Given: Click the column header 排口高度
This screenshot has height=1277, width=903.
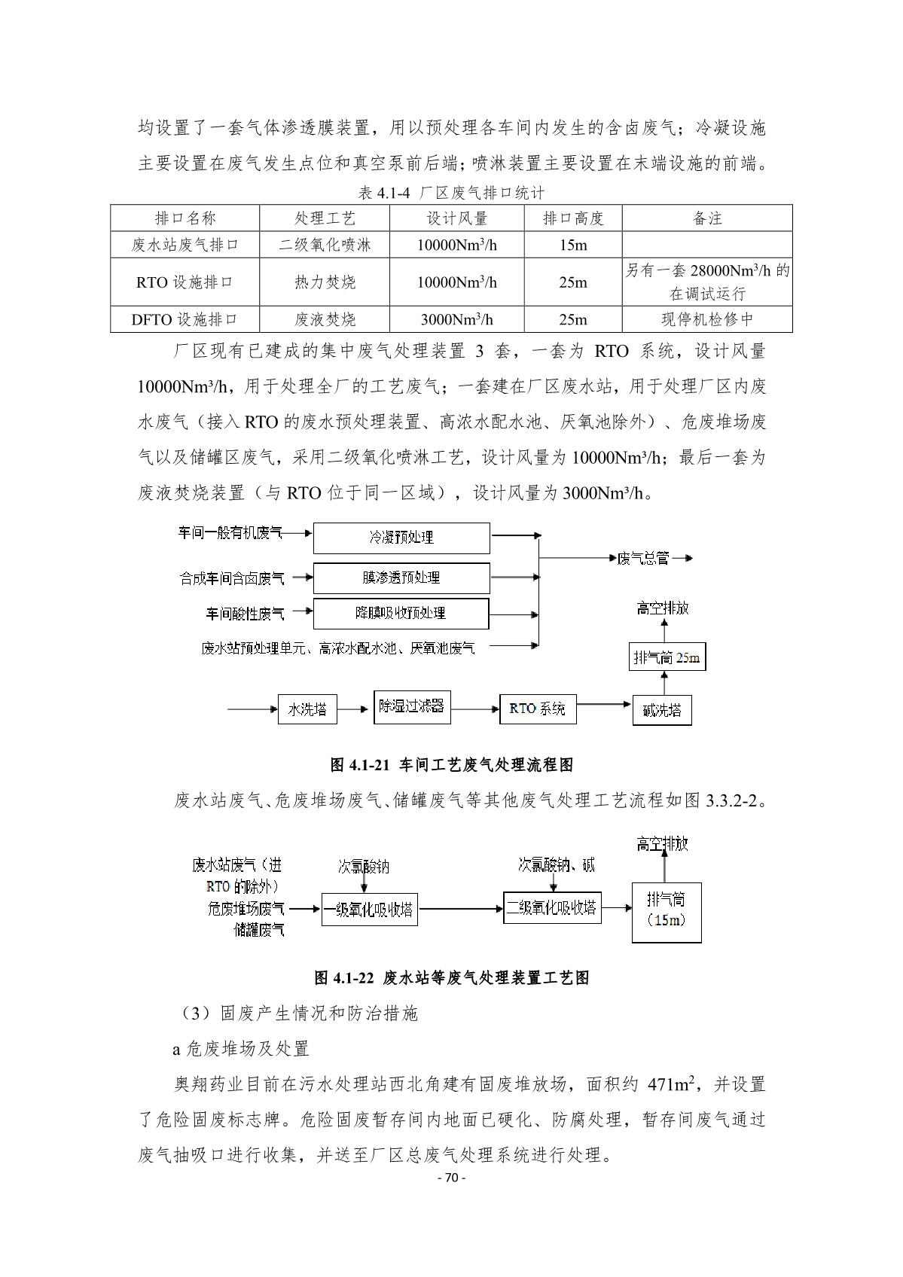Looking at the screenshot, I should point(573,218).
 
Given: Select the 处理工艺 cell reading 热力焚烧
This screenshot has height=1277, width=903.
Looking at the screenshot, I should point(325,282).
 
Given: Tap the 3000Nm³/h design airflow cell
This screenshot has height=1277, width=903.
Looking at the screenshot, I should point(456,319).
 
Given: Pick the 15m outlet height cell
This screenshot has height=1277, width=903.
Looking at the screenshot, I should point(573,245).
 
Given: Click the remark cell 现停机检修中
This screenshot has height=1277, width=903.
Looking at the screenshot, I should point(706,319).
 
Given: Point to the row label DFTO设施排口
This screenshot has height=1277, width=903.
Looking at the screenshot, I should point(185,319).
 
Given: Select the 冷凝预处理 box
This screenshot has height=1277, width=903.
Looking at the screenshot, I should point(401,538).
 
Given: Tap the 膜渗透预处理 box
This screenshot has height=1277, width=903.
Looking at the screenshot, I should point(401,578).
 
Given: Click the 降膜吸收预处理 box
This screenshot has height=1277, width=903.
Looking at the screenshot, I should point(401,613).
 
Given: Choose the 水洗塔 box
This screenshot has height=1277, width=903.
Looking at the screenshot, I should point(307,709).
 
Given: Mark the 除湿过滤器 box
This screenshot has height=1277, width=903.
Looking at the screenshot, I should point(412,707).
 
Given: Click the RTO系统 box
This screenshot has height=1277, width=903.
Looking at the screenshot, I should point(537,709).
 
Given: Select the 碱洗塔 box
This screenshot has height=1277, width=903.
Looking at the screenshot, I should point(662,710).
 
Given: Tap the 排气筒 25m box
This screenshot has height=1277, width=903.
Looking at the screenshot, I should point(667,657).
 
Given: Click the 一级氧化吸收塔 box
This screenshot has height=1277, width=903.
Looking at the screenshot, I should point(369,909).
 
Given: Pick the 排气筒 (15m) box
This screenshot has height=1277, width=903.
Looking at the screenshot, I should point(666,912).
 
